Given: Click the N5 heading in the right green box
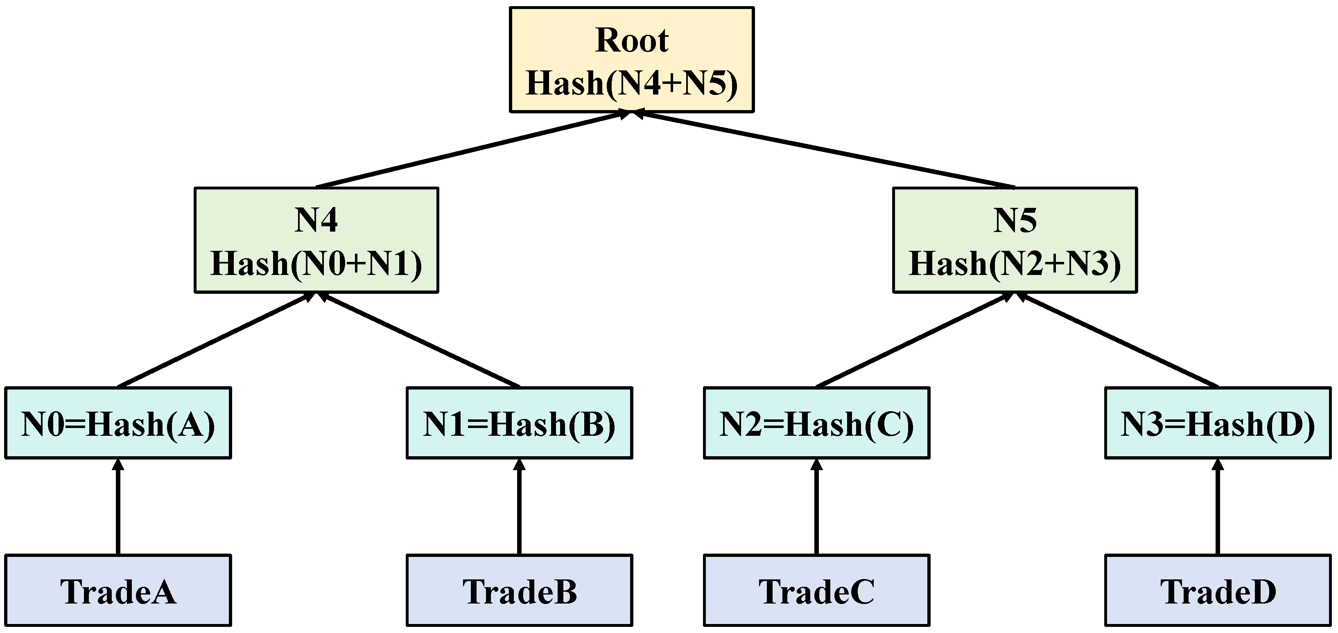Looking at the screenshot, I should pos(1015,220).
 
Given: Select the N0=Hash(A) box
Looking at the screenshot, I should pos(118,423).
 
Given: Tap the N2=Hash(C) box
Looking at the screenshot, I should pos(816,423).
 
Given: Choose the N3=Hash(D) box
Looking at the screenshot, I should pos(1218,423).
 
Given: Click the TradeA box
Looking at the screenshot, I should pos(118,591).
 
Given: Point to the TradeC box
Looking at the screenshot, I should pos(816,591).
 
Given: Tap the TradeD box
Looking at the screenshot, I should pos(1218,591).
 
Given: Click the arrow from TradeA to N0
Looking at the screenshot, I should pos(118,509).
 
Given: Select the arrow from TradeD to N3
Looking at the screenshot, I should pos(1218,509).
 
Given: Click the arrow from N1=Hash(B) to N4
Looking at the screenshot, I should pos(421,340).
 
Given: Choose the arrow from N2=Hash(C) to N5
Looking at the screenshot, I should pos(914,340).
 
